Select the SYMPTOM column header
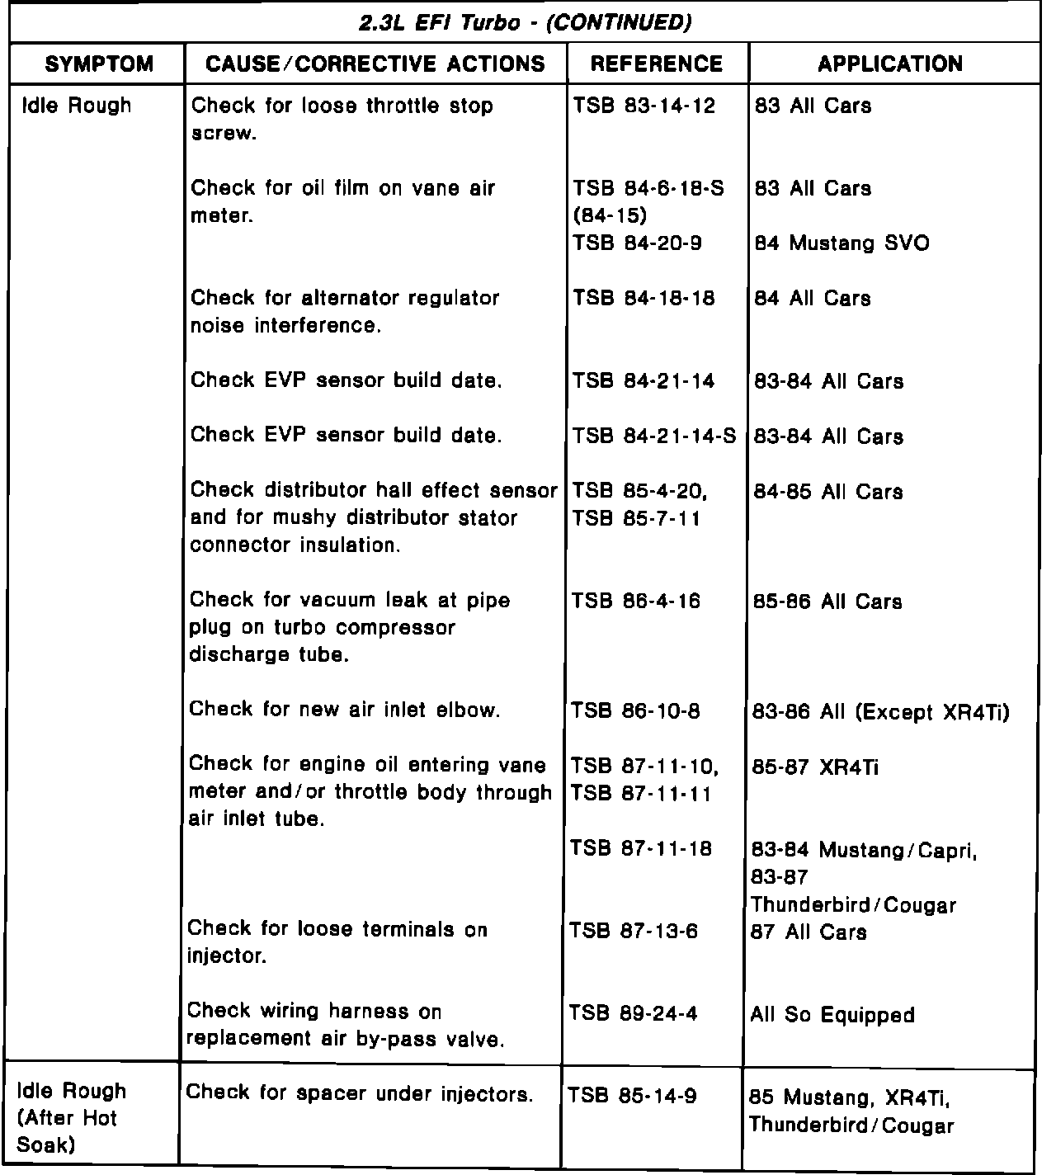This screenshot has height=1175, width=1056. tap(99, 64)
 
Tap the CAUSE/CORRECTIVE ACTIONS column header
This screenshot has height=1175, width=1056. tap(375, 64)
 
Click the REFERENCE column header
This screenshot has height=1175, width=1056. tap(657, 64)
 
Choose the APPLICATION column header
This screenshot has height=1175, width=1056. tap(890, 64)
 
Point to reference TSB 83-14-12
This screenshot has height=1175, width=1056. tap(644, 106)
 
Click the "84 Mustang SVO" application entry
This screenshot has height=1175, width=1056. tap(841, 243)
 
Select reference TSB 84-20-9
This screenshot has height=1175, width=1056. tap(638, 243)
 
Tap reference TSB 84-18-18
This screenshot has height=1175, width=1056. tap(644, 299)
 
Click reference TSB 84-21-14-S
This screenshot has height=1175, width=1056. tap(654, 436)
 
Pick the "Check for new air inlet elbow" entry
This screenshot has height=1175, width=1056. tap(345, 710)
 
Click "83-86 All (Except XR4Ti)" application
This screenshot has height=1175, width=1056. tap(881, 712)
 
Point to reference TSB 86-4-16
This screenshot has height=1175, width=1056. tap(636, 602)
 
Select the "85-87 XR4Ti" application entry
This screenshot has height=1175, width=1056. tap(815, 767)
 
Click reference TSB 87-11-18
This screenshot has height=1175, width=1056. tap(641, 849)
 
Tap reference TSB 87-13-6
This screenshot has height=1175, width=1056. tap(634, 932)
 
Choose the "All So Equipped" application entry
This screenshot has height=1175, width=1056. tap(832, 1015)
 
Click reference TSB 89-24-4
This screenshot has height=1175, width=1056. tap(634, 1013)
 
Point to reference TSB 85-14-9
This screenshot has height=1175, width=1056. tap(633, 1096)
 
